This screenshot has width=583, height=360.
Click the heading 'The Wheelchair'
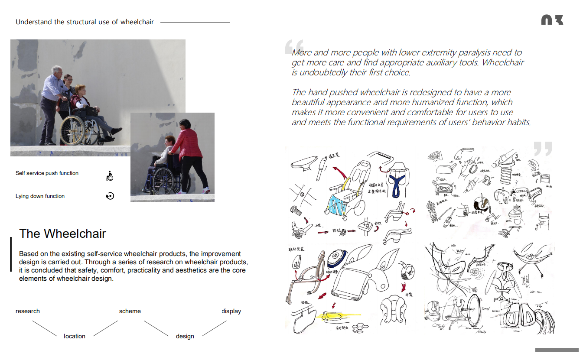(x=62, y=234)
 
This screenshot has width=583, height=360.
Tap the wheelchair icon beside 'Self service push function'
(x=110, y=176)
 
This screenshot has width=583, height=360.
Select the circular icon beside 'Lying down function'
(x=110, y=196)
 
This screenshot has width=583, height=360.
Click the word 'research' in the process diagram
(x=28, y=311)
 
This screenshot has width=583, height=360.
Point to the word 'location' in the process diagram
(x=75, y=336)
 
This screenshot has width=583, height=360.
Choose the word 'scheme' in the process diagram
(x=130, y=311)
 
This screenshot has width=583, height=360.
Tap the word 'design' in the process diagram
(x=185, y=336)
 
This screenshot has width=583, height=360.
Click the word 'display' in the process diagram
(x=231, y=311)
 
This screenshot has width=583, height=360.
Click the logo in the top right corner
(x=552, y=20)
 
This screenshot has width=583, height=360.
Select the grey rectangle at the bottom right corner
(x=557, y=350)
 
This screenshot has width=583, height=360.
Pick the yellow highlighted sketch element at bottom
(x=334, y=316)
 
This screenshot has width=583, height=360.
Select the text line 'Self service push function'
(x=47, y=173)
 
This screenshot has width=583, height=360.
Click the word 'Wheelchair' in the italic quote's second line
(x=503, y=62)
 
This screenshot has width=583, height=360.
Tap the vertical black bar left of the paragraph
(x=11, y=254)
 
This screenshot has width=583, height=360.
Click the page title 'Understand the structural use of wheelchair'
(x=85, y=22)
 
